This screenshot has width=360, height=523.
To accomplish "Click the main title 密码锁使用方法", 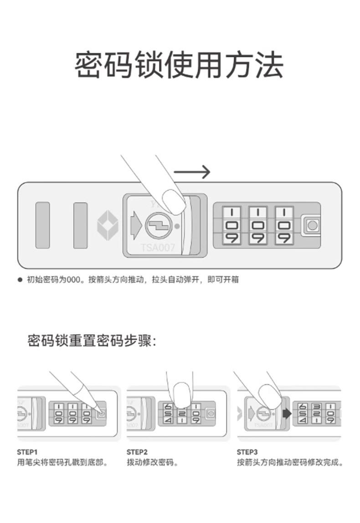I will (x=179, y=65).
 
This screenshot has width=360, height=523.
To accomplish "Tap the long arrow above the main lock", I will (x=192, y=172).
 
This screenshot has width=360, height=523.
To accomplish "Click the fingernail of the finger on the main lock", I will (x=174, y=202).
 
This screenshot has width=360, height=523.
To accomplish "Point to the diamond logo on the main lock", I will (x=108, y=225).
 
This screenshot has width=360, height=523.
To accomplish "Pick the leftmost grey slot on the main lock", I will (x=43, y=225).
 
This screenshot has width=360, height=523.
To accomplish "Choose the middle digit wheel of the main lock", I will (x=259, y=225).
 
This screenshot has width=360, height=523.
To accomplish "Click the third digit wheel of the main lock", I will (x=285, y=225).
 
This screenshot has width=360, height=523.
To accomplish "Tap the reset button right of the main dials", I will (x=312, y=225).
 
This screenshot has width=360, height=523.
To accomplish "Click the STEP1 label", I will (x=27, y=452).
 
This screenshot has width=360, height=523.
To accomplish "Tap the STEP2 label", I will (x=137, y=452).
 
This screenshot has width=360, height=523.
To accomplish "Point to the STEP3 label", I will (x=247, y=452).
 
